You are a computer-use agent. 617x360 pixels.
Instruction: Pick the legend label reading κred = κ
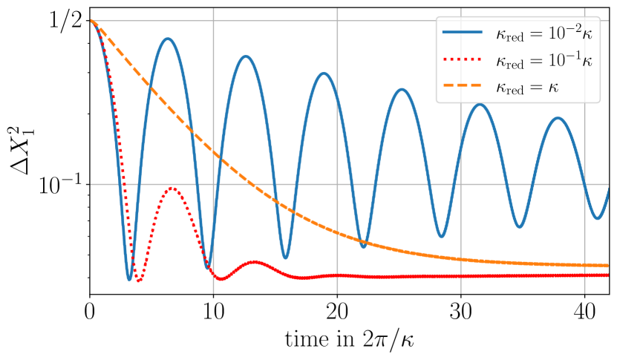(x=527, y=87)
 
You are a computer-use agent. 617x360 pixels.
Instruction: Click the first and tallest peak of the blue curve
(x=169, y=39)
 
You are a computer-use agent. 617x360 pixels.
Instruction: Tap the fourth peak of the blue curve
(x=402, y=89)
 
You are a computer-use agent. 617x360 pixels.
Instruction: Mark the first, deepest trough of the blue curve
(x=130, y=280)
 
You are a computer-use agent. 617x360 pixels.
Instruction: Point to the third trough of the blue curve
(x=286, y=258)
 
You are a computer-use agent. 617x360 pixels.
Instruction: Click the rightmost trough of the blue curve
(x=598, y=218)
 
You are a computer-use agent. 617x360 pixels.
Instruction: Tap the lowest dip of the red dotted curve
(x=138, y=281)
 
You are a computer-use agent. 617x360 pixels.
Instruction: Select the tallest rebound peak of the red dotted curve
(x=172, y=188)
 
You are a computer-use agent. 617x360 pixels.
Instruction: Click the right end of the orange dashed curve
(x=607, y=265)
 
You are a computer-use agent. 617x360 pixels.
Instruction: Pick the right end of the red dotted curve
(x=607, y=275)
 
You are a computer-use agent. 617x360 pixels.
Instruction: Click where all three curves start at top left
(x=92, y=21)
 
